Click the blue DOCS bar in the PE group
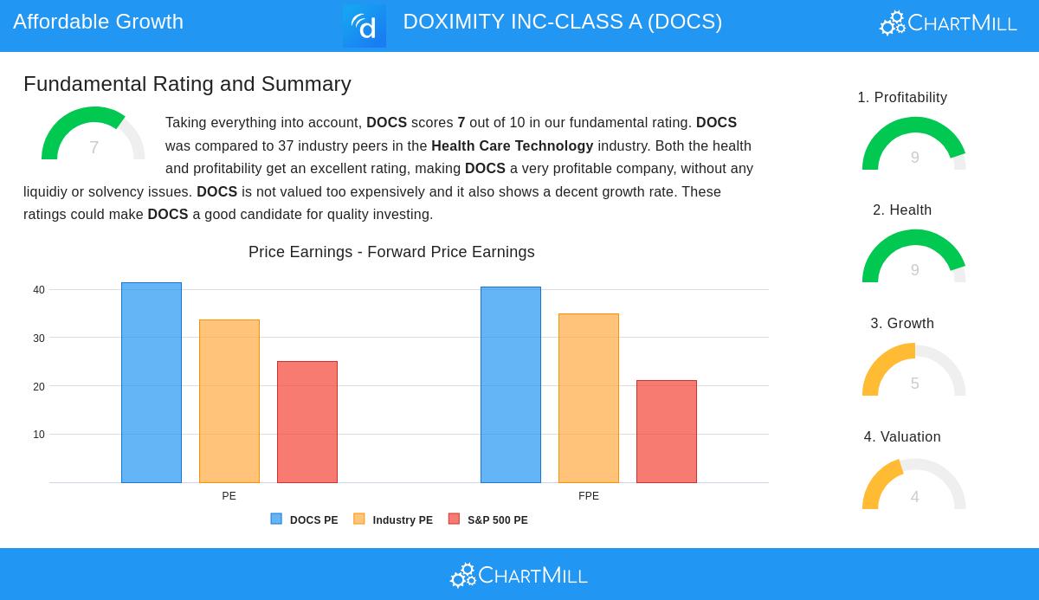(x=152, y=383)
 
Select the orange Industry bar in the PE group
(x=229, y=401)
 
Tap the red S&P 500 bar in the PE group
(x=307, y=422)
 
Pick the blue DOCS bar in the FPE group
(x=511, y=384)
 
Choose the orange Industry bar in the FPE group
(x=589, y=398)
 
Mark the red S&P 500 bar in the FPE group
(x=667, y=431)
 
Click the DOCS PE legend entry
(x=305, y=520)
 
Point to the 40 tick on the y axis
(x=39, y=290)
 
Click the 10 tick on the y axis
(x=39, y=435)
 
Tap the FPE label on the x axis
(x=589, y=496)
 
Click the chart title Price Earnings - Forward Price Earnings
(x=391, y=252)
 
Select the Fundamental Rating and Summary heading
(x=187, y=84)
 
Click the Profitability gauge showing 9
(x=914, y=145)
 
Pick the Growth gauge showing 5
(x=914, y=371)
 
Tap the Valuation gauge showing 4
(x=914, y=485)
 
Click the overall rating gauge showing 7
(x=94, y=135)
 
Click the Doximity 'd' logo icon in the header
(x=365, y=26)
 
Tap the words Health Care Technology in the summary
(x=513, y=146)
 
